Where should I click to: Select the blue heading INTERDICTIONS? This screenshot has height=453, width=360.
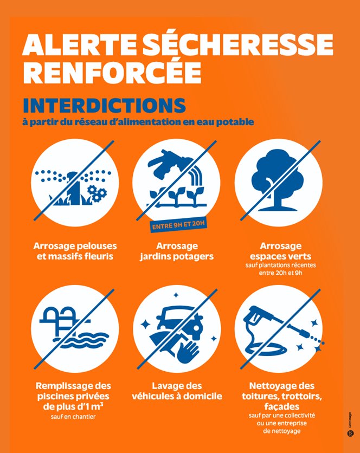click(104, 106)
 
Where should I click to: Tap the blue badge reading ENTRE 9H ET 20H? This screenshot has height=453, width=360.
click(178, 225)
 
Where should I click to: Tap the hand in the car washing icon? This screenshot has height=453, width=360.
click(188, 352)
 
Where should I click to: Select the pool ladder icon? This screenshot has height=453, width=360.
click(64, 318)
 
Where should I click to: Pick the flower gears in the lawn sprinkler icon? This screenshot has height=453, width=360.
click(97, 193)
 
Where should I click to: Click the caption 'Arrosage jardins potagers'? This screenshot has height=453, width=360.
click(177, 251)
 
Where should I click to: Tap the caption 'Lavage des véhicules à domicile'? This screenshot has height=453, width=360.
click(177, 391)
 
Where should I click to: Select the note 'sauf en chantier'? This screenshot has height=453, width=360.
click(73, 417)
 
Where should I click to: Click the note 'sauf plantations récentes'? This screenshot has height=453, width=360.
click(280, 265)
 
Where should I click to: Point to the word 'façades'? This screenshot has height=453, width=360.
click(281, 407)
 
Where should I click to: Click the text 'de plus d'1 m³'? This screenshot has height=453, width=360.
click(73, 406)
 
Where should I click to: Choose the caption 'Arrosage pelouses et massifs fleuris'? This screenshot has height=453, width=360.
click(75, 251)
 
